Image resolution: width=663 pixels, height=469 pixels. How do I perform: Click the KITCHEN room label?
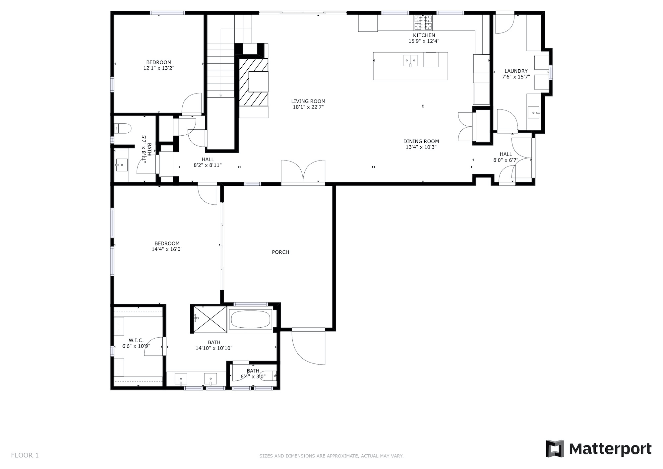pos(424,35)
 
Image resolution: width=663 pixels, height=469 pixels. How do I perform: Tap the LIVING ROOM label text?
pos(308,101)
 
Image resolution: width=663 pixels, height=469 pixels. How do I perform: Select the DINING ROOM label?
pos(421,141)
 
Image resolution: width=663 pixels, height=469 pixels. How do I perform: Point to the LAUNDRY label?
pos(516,71)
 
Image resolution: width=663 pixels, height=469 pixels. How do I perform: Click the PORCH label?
pos(280,252)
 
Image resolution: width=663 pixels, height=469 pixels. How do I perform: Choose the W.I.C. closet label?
pos(136,340)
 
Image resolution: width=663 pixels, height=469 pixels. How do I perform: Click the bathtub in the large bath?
pos(250,320)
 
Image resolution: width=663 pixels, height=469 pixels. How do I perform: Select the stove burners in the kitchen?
pos(423,22)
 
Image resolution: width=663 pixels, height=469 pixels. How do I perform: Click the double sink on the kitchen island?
pos(411,61)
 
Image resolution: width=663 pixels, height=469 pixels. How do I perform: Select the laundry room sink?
pos(534,112)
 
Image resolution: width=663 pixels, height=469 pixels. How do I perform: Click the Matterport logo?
pos(599,449)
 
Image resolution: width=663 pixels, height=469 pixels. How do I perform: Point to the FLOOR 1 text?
pos(25,455)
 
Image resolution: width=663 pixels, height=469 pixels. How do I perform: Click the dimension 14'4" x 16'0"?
pos(167,249)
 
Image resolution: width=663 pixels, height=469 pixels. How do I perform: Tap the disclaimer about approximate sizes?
pos(331,456)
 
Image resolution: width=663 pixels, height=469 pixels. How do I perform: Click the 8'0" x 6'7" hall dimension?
pos(506,160)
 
